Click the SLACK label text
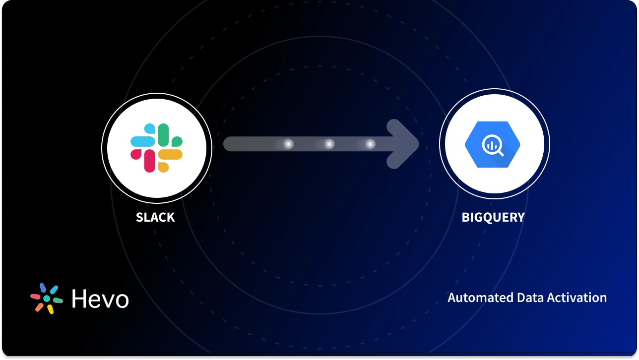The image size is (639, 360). pos(155,217)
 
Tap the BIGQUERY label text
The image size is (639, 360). pos(493,217)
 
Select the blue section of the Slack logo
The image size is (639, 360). pos(142,141)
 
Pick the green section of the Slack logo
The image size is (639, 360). pos(163,134)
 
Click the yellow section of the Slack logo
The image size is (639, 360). pos(171,155)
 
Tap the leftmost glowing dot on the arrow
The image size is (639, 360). pos(288,144)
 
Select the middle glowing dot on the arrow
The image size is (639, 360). pos(329,144)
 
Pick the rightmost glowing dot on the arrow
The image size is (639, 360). pos(370,144)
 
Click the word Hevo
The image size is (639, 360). pos(100,299)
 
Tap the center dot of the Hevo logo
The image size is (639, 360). pos(47,299)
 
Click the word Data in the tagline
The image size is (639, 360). pos(529,298)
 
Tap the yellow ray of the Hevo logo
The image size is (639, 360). pos(50,309)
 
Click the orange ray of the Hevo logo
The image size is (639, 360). pos(39,307)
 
